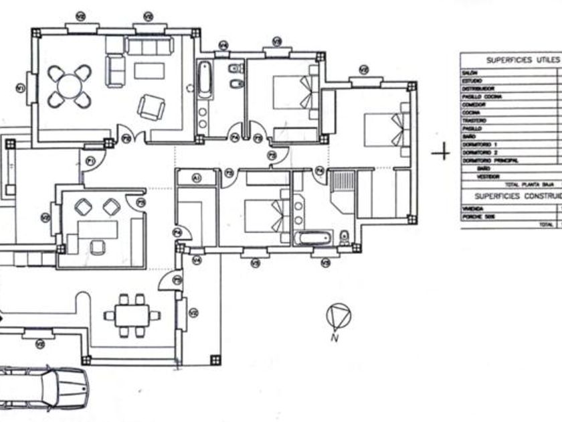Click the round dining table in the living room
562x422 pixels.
click(x=69, y=86)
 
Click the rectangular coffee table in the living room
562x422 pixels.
click(x=149, y=71)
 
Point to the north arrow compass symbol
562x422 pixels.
click(x=338, y=314)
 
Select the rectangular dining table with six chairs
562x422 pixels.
click(x=131, y=315)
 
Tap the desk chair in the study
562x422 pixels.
click(x=98, y=247)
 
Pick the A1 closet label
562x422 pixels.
click(x=197, y=178)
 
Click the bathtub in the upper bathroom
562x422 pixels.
click(x=204, y=79)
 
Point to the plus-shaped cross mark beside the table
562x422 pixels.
click(x=440, y=153)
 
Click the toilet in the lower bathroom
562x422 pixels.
click(x=345, y=237)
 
